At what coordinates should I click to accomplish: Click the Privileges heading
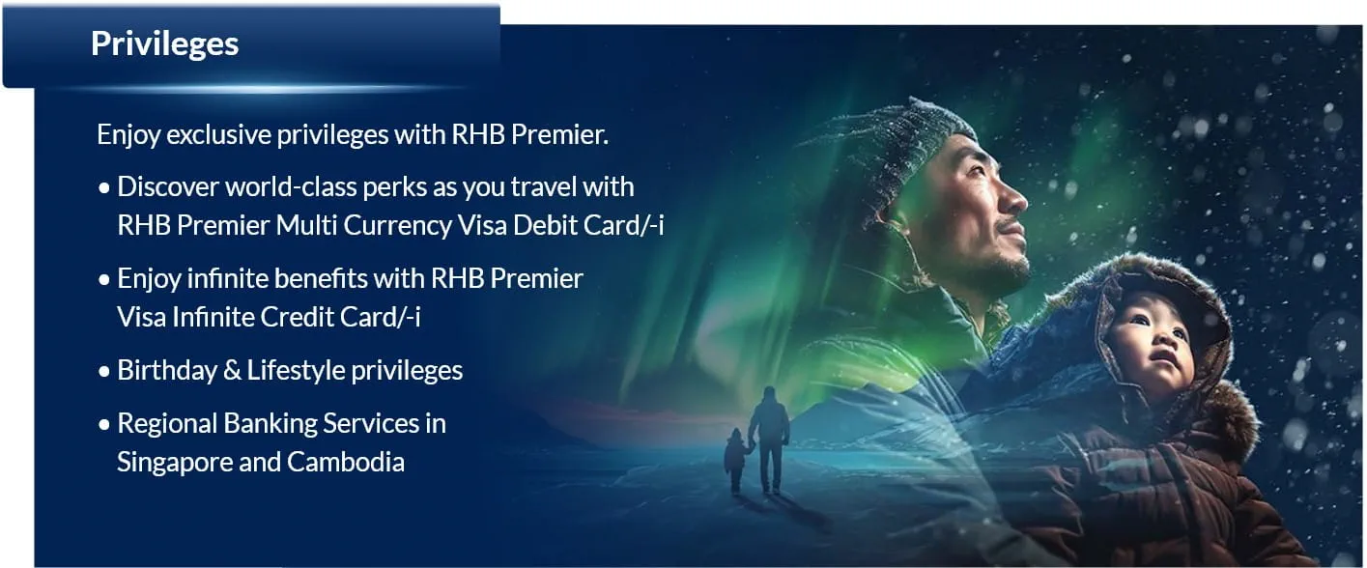click(165, 44)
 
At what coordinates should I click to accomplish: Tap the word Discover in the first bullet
click(168, 186)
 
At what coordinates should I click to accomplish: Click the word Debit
click(545, 225)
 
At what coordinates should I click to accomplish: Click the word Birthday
click(167, 370)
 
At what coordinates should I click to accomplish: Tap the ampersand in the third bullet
click(232, 371)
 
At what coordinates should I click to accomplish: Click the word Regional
click(167, 423)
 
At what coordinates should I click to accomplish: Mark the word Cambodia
click(346, 462)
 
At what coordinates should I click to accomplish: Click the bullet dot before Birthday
click(104, 371)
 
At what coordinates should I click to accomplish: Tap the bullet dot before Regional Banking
click(104, 424)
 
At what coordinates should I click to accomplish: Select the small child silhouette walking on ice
click(736, 461)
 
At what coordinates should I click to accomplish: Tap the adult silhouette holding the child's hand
click(770, 440)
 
